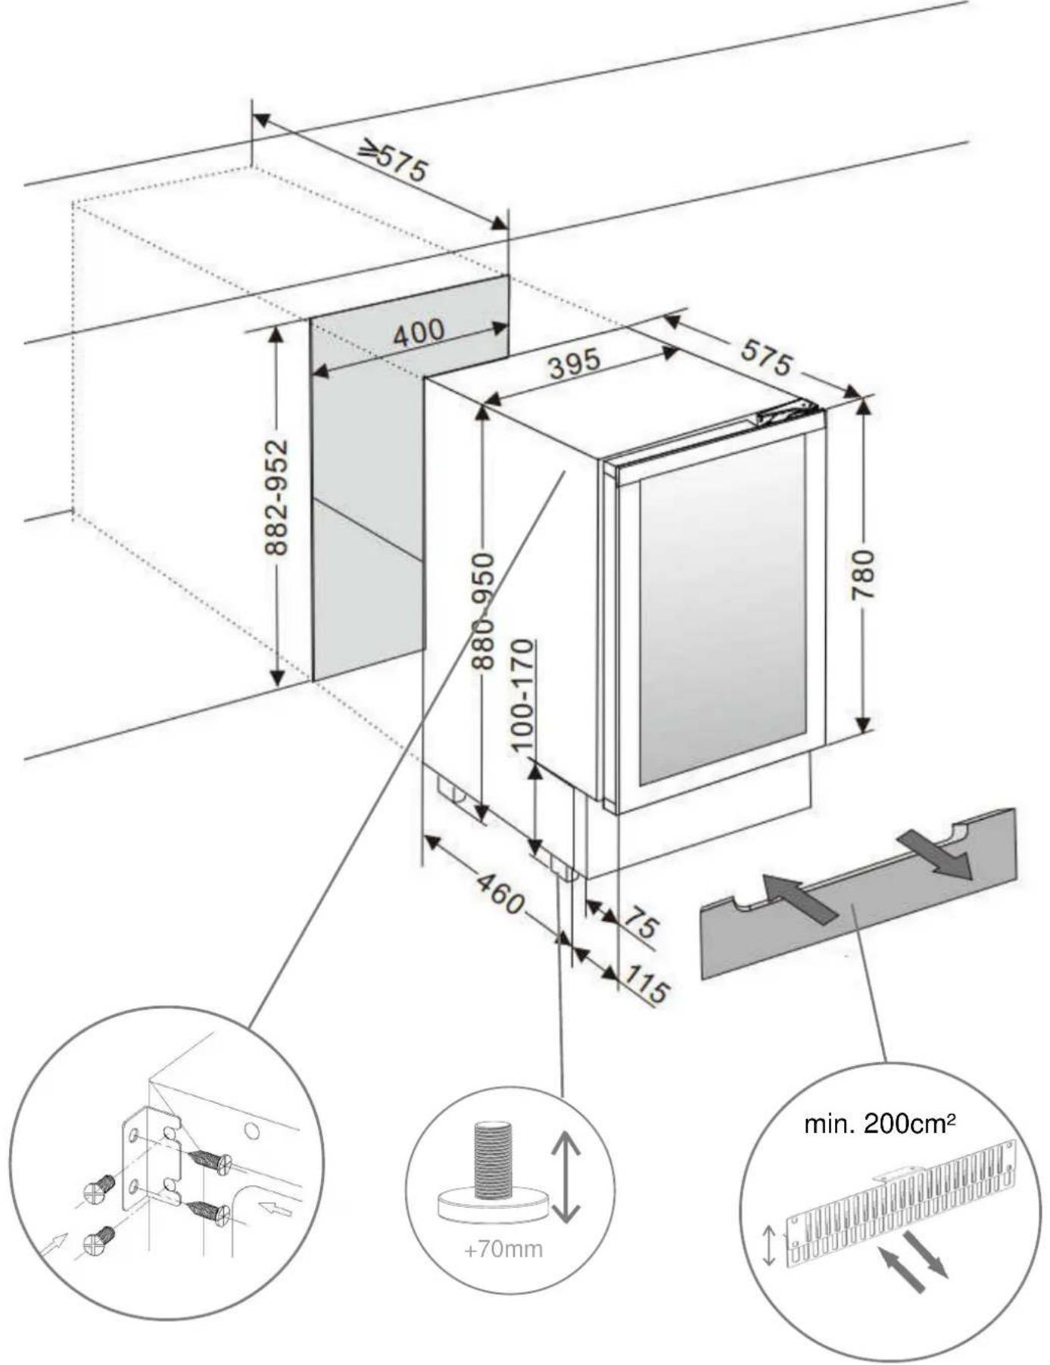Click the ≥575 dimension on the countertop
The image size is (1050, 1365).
coord(394,159)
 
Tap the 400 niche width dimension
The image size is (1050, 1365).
coord(419,333)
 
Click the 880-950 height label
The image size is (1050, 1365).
coord(483,611)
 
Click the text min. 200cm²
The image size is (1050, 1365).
coord(878,1124)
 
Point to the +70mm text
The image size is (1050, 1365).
coord(503,1248)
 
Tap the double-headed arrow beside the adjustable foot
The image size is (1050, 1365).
coord(566,1177)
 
